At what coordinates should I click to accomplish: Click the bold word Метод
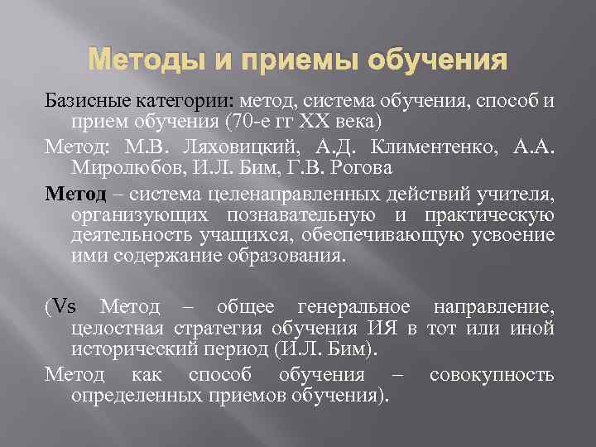[x=75, y=195]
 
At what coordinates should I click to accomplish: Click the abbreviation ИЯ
[x=383, y=329]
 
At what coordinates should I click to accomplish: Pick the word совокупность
[x=492, y=374]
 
